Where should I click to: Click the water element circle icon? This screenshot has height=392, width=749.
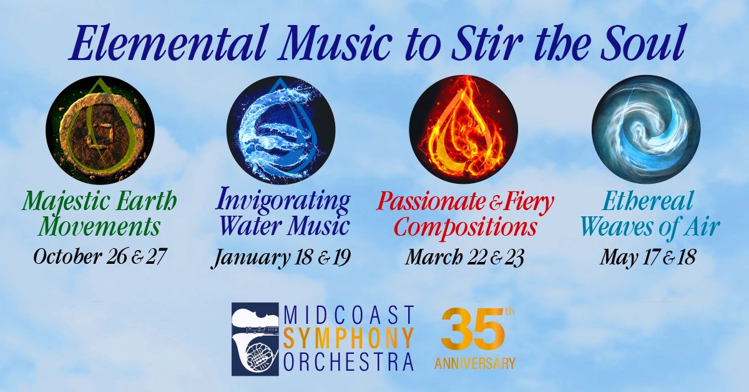pyautogui.click(x=281, y=130)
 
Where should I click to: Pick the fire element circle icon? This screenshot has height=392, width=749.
pyautogui.click(x=463, y=129)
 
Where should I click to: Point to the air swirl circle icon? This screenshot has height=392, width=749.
pyautogui.click(x=646, y=129)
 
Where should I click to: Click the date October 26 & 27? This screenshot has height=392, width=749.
pyautogui.click(x=99, y=258)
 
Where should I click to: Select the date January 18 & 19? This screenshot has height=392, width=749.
pyautogui.click(x=281, y=259)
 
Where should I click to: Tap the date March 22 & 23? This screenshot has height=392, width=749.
pyautogui.click(x=464, y=258)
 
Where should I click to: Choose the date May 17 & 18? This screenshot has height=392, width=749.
pyautogui.click(x=648, y=258)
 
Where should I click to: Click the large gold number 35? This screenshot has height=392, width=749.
pyautogui.click(x=472, y=330)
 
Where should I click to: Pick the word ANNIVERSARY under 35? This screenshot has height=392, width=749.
pyautogui.click(x=475, y=363)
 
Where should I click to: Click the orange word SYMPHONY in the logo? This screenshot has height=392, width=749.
pyautogui.click(x=348, y=339)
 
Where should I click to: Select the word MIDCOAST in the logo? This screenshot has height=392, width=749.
pyautogui.click(x=348, y=314)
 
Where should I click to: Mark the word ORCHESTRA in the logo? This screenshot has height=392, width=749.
pyautogui.click(x=348, y=363)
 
